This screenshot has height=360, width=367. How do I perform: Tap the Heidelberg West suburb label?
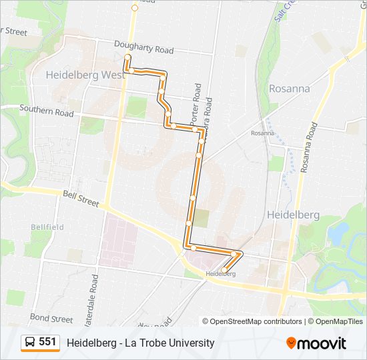(x=85, y=75)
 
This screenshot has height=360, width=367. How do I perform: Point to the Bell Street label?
(x=80, y=199)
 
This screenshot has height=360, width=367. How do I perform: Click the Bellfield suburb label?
(x=47, y=227)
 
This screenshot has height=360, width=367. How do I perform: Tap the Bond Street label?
(x=51, y=319)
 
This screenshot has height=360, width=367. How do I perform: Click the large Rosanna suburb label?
(x=290, y=88)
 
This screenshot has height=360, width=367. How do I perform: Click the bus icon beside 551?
(x=29, y=343)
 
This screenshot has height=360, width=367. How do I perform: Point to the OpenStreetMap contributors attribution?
(x=252, y=321)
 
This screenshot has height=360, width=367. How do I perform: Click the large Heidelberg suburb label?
(x=293, y=215)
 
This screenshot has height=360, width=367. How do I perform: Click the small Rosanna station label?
(x=262, y=133)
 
